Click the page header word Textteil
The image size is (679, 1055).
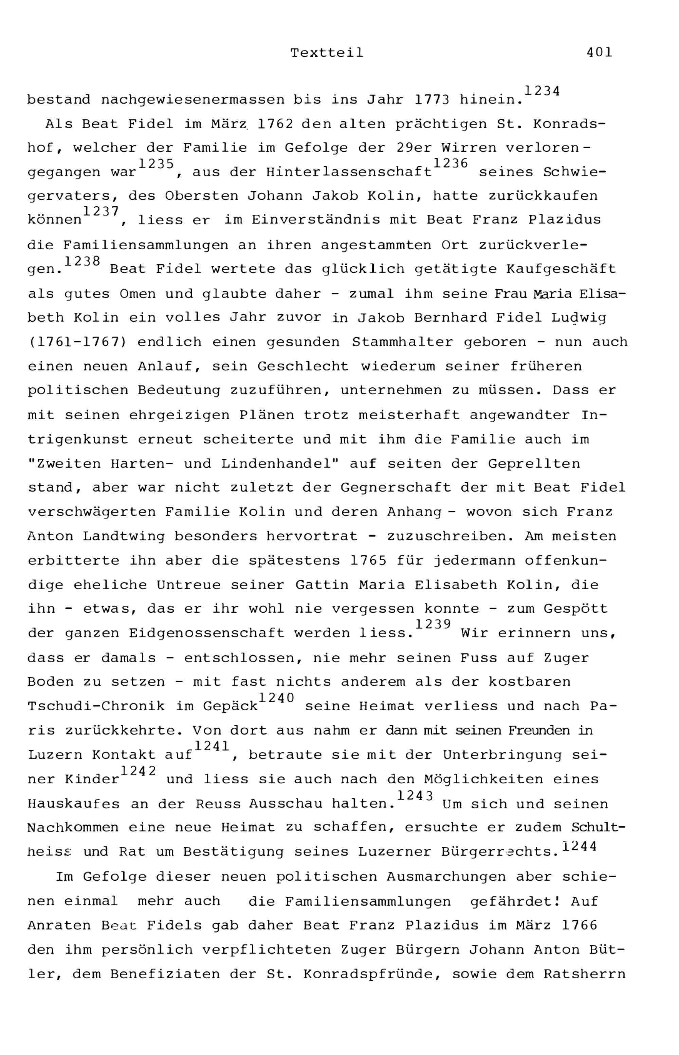(x=327, y=53)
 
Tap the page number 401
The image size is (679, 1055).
(x=599, y=53)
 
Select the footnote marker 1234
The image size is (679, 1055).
(x=542, y=91)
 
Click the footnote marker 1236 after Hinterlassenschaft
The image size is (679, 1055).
(x=450, y=164)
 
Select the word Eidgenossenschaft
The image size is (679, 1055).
(x=207, y=633)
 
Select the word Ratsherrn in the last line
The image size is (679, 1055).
(x=584, y=974)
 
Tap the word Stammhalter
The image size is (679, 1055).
(x=402, y=342)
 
